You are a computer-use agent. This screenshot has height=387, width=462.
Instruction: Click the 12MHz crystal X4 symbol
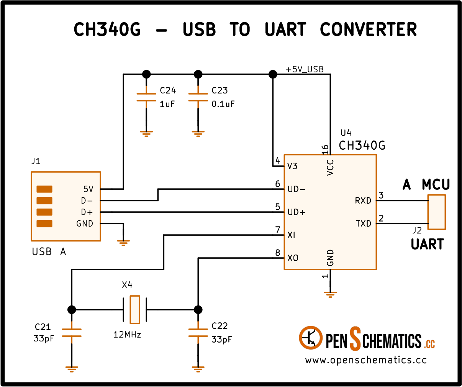point(135,310)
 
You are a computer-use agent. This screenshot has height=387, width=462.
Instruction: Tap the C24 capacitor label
point(168,90)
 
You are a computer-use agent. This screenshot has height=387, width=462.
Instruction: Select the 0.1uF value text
point(223,104)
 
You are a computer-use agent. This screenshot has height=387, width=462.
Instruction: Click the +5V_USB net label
point(305,69)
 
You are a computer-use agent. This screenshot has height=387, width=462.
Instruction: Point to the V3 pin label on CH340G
point(292,166)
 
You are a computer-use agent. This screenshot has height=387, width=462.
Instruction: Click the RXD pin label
point(363,201)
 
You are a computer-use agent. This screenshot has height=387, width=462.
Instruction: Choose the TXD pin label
point(363,224)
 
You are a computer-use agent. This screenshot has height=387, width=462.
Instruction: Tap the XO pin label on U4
point(293,258)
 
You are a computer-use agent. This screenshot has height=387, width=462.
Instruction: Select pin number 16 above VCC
point(324,150)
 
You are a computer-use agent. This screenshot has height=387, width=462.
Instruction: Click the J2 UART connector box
point(437,212)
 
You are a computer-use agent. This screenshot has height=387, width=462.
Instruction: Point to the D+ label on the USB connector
point(87,212)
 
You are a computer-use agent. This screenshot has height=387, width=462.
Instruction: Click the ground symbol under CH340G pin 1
point(330,295)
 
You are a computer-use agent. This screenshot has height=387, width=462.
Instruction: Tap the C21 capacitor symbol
point(72,333)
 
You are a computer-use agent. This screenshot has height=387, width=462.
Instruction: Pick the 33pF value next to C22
point(221,340)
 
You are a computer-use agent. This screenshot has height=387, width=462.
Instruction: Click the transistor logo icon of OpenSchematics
point(310,338)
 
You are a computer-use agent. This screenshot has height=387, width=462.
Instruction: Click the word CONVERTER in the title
point(369,29)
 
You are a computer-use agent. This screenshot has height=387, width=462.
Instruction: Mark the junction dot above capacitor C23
point(198,74)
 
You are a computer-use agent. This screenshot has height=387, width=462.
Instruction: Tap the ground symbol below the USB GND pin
point(123,243)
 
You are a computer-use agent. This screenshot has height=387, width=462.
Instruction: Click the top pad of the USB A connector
point(44,189)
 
